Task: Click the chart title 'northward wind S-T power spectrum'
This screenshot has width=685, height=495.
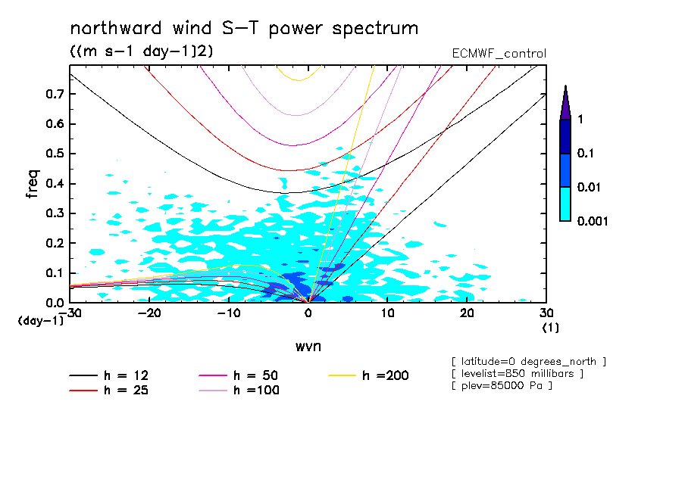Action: pyautogui.click(x=243, y=29)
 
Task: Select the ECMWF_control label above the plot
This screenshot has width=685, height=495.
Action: pyautogui.click(x=499, y=54)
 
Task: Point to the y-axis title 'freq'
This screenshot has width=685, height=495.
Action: pyautogui.click(x=32, y=183)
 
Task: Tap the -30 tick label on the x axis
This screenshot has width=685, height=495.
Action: pyautogui.click(x=70, y=313)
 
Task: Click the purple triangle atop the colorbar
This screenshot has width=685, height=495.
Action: pyautogui.click(x=565, y=103)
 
